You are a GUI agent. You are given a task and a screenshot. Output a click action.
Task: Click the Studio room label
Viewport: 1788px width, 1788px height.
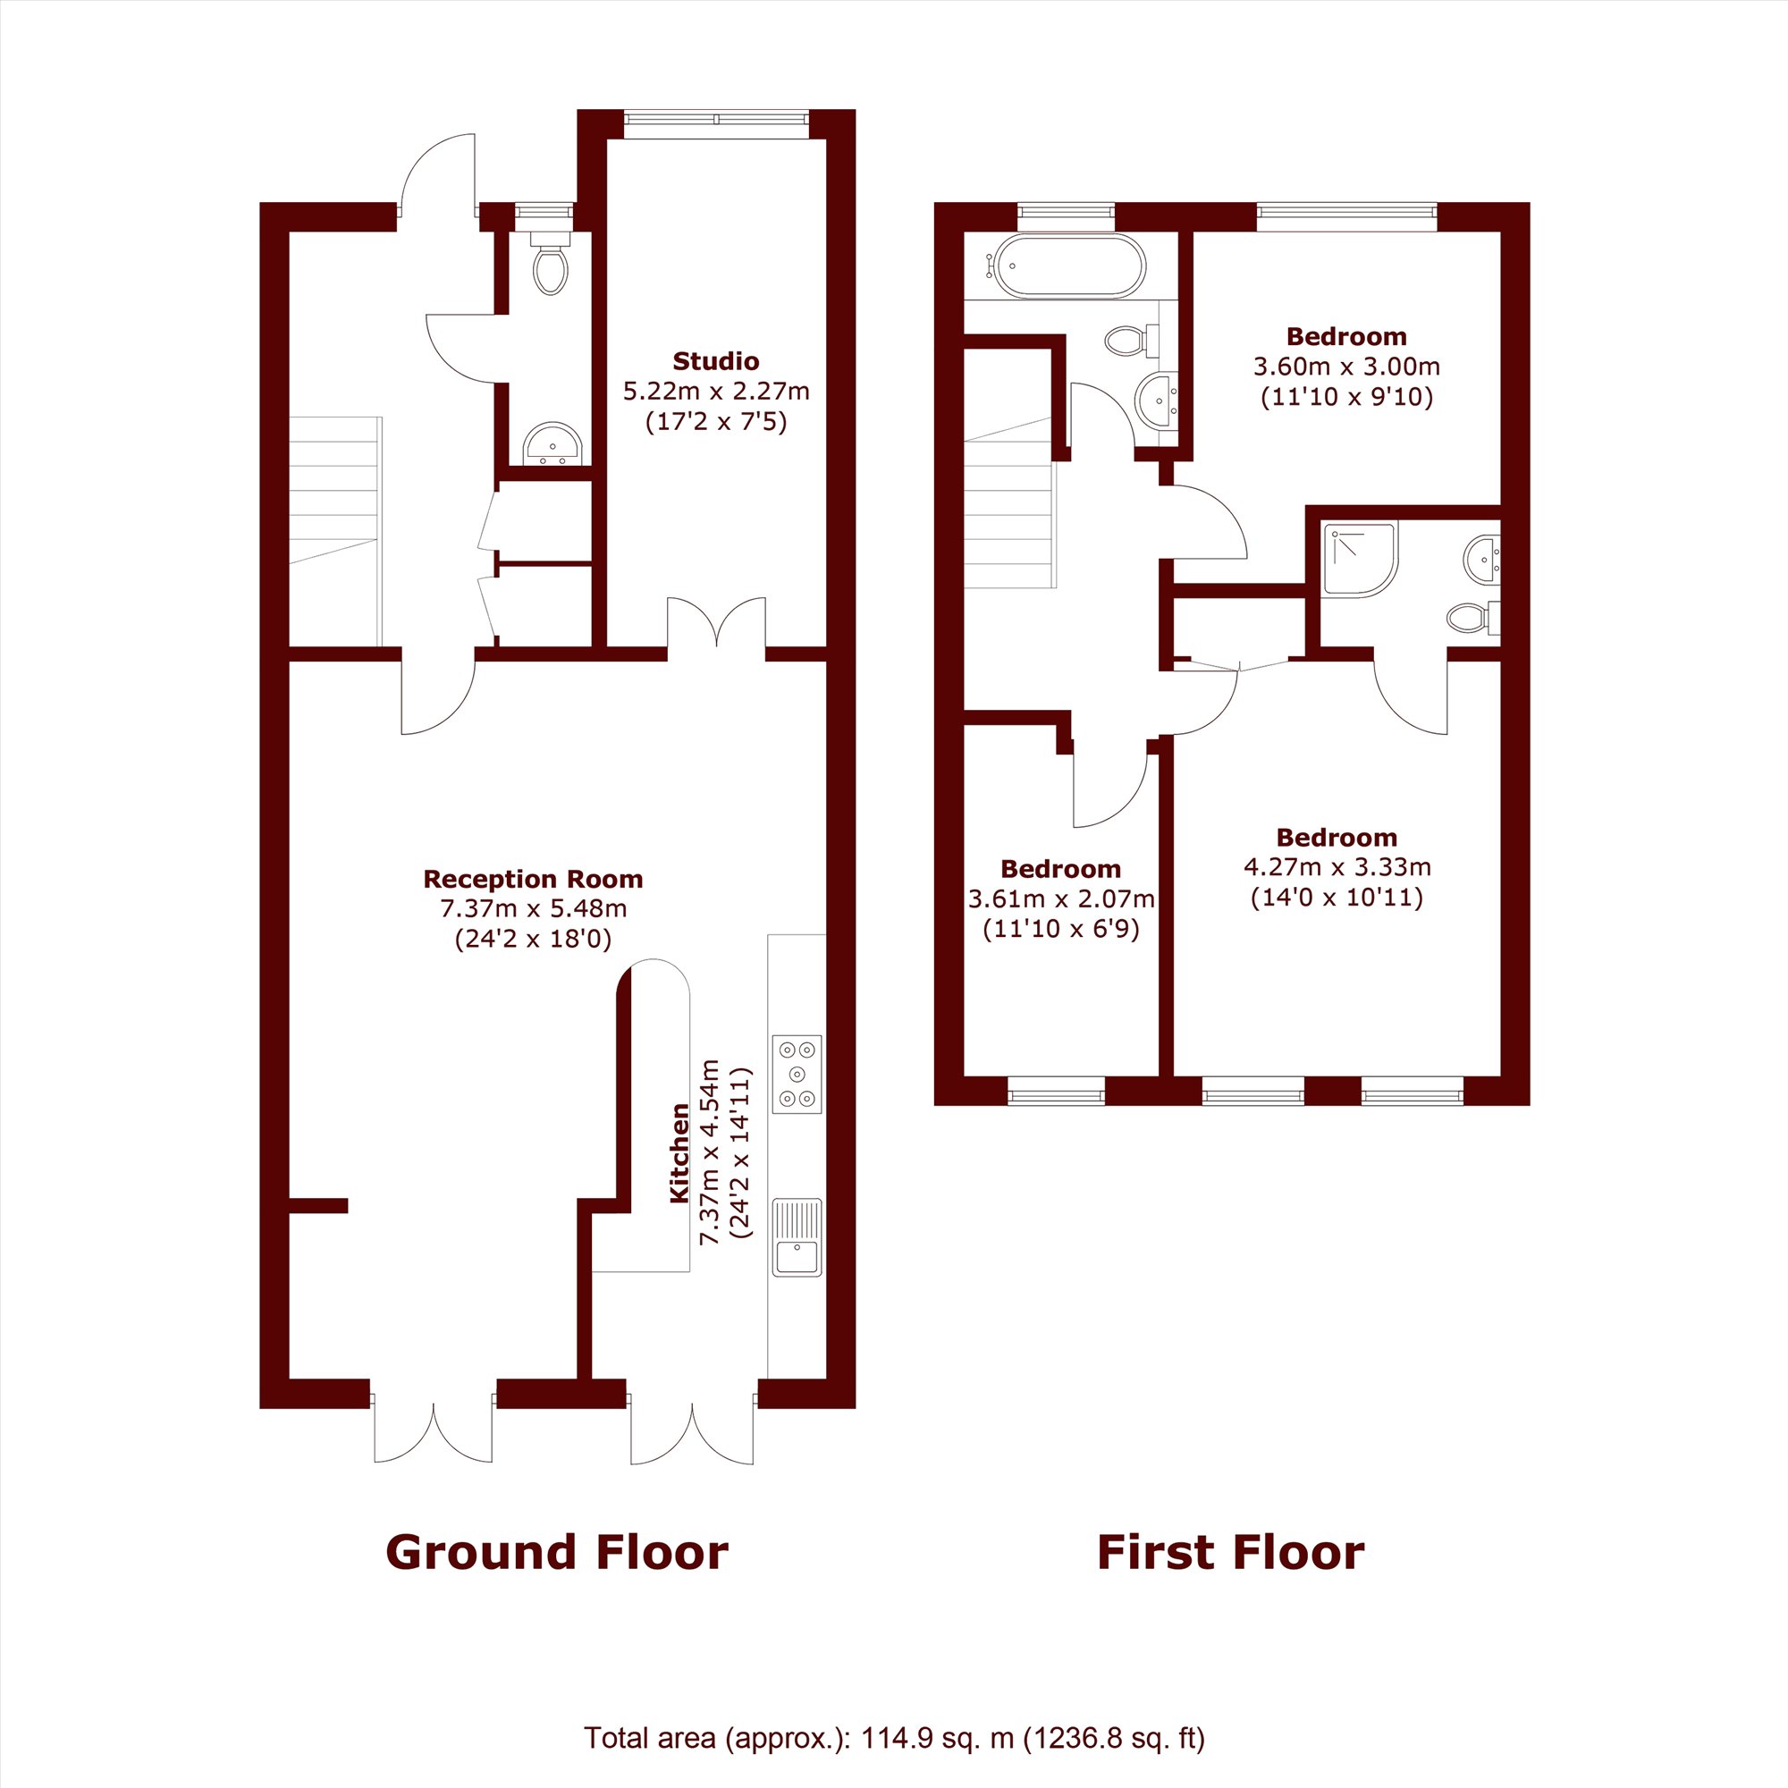coord(715,361)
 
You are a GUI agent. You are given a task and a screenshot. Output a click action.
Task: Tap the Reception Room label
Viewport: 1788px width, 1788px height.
coord(533,878)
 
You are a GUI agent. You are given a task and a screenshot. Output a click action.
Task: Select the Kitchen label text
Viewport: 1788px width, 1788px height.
coord(679,1152)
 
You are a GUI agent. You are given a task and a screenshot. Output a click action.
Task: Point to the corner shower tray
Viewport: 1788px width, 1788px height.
coord(1360,559)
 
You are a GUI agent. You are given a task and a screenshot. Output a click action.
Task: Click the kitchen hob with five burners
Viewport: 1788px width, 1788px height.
coord(797,1074)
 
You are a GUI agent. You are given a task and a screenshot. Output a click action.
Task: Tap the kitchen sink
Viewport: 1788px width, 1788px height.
coord(797,1237)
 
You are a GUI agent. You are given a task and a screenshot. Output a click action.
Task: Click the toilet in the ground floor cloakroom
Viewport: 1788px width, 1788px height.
coord(551,263)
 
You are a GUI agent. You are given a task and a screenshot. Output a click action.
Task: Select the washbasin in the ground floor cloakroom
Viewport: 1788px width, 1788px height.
coord(552,444)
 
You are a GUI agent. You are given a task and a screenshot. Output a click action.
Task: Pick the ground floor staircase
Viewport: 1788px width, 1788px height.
coord(335,531)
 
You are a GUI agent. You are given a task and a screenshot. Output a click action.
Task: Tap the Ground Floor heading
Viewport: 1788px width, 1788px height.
coord(557,1552)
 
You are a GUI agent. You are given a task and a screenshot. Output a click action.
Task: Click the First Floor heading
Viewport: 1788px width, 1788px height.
coord(1230,1552)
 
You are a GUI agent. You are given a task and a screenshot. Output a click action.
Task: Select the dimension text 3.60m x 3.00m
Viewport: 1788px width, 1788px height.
coord(1346,367)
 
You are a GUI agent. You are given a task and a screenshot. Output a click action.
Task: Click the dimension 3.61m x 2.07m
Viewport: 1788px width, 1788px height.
coord(1060,898)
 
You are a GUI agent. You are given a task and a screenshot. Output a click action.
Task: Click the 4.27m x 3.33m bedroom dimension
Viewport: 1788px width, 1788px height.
coord(1337,867)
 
